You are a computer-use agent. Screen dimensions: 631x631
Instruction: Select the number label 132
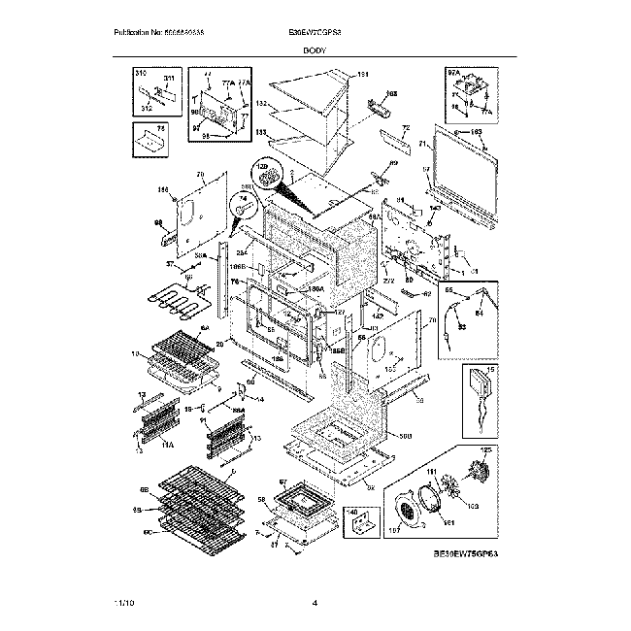click(261, 103)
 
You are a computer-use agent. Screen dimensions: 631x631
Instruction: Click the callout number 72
click(406, 129)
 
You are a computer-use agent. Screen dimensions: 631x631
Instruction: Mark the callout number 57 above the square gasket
click(284, 482)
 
